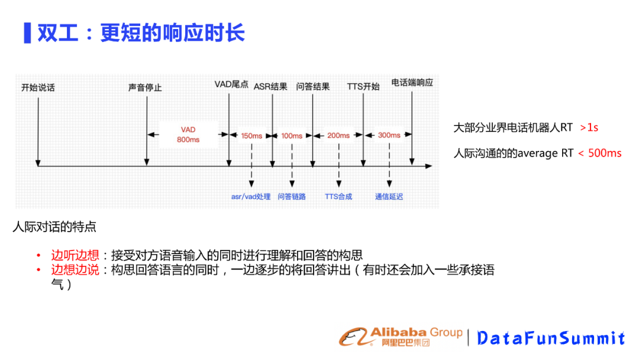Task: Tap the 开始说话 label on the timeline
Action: [x=38, y=88]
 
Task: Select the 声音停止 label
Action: [x=145, y=88]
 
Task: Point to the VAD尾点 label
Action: [x=231, y=85]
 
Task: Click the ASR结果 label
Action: [x=270, y=86]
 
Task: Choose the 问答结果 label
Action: [x=312, y=86]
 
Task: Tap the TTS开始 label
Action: [x=363, y=86]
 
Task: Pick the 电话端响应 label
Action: [x=412, y=83]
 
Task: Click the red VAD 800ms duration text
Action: [x=188, y=134]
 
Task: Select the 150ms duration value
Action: [x=251, y=136]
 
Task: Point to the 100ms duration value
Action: [x=292, y=136]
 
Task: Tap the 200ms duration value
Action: [x=338, y=136]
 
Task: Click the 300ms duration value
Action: [x=389, y=135]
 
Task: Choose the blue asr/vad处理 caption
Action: [x=251, y=197]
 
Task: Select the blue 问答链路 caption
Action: [x=292, y=197]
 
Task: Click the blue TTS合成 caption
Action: [x=338, y=197]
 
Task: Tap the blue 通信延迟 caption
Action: [x=389, y=197]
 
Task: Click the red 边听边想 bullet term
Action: [x=75, y=255]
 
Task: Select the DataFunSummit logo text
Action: [x=551, y=338]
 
